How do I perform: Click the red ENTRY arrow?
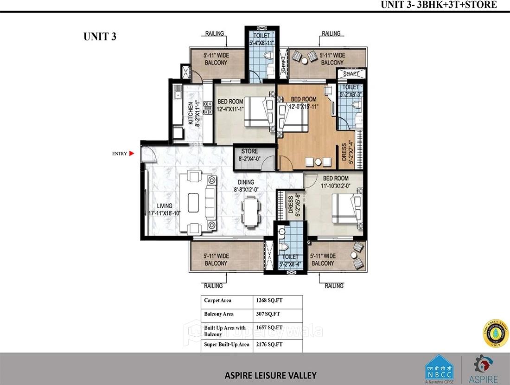coord(132,154)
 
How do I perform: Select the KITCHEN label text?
coord(191,113)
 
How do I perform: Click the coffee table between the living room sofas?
coord(193,202)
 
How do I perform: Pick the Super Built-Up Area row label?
coord(227,345)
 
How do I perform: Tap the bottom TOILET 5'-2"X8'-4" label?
coord(291,260)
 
